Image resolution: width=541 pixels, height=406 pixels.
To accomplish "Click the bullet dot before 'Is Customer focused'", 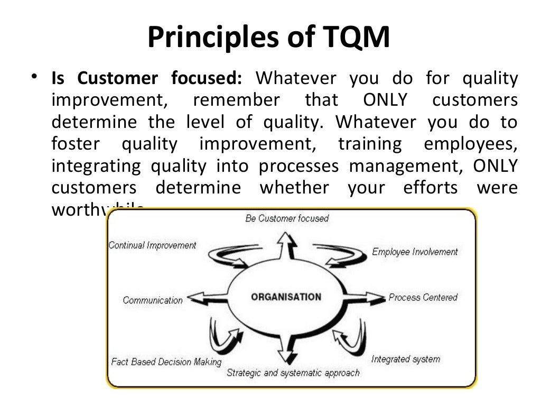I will pyautogui.click(x=34, y=78).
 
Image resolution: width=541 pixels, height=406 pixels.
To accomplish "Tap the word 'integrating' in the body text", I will pyautogui.click(x=96, y=166).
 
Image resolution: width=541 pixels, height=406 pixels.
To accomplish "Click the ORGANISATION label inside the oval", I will pyautogui.click(x=286, y=297).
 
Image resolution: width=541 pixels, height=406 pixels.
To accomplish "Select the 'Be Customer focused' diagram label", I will pyautogui.click(x=287, y=218).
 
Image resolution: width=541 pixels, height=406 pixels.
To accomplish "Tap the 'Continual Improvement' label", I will pyautogui.click(x=152, y=245).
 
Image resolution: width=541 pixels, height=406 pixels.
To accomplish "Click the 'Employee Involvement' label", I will pyautogui.click(x=415, y=252).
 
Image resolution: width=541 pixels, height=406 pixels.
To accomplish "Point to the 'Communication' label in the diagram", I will pyautogui.click(x=153, y=300).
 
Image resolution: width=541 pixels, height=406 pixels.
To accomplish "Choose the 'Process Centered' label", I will pyautogui.click(x=423, y=297).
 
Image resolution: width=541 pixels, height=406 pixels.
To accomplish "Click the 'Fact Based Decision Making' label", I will pyautogui.click(x=166, y=362).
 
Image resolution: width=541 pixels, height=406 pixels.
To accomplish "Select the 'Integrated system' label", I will pyautogui.click(x=405, y=359).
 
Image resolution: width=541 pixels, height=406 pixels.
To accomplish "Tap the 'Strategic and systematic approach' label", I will pyautogui.click(x=293, y=373).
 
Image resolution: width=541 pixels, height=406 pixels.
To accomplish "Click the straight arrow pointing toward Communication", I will pyautogui.click(x=207, y=297).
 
